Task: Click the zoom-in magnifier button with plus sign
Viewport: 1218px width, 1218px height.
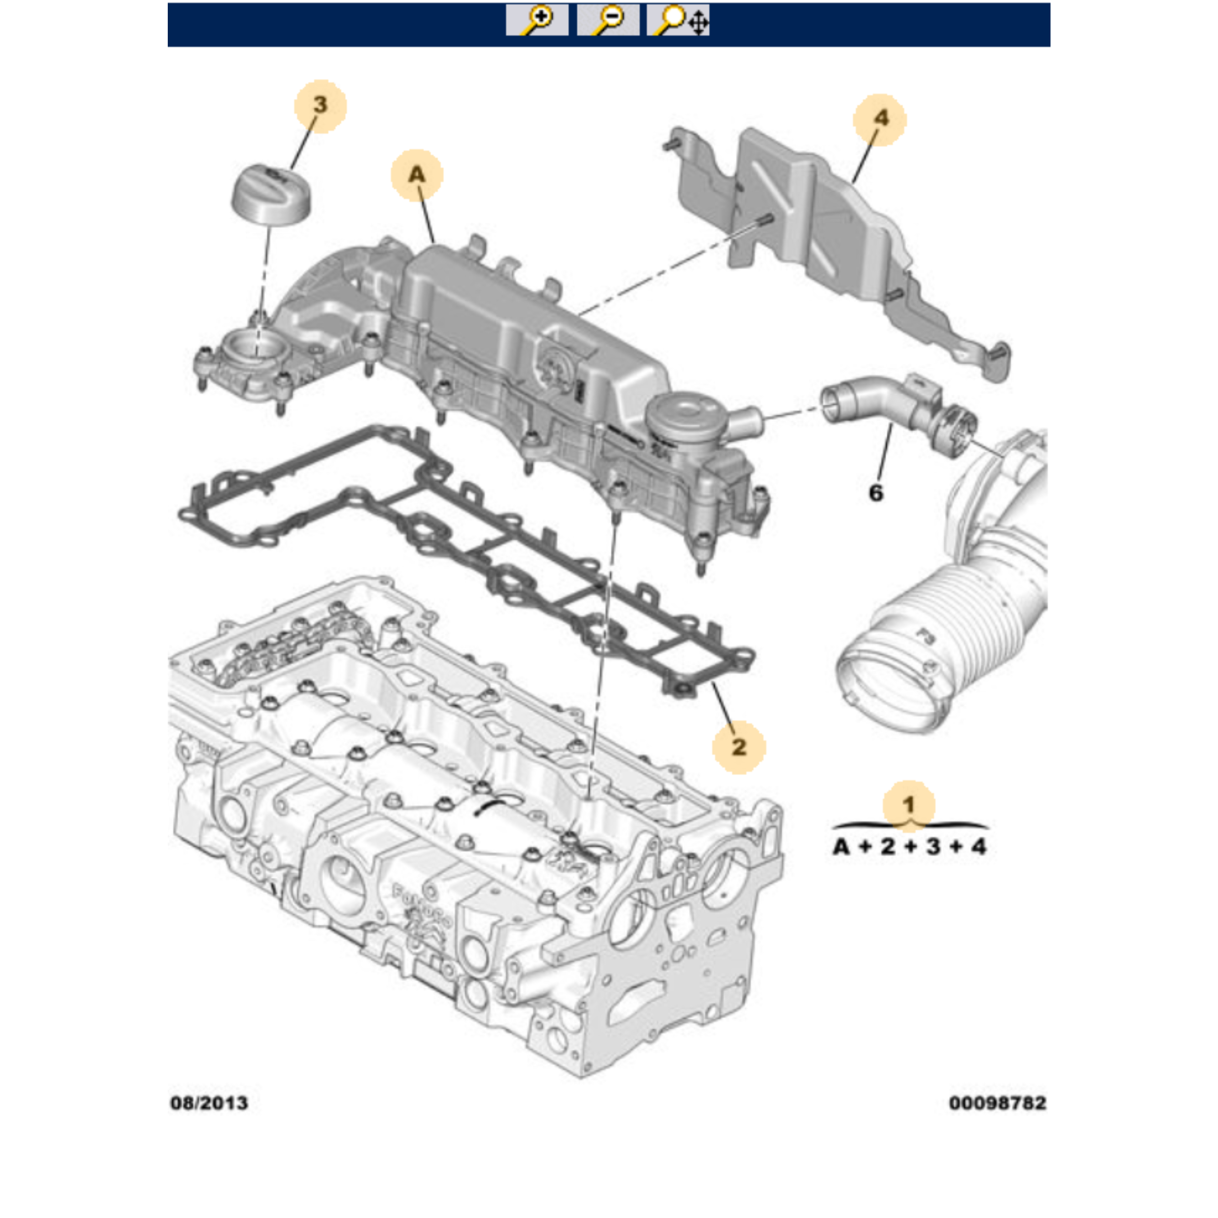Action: [x=537, y=20]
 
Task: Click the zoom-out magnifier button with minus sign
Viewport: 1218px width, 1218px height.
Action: [x=608, y=20]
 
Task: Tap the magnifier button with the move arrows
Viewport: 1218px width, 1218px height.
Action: [x=678, y=20]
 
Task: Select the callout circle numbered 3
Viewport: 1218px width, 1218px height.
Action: [x=320, y=106]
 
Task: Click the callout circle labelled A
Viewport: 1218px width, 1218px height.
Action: [x=417, y=175]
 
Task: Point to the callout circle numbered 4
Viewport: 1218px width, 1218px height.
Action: [x=880, y=119]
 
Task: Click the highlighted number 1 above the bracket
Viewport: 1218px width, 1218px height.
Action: [x=908, y=805]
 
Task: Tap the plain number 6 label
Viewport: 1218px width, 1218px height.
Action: [x=876, y=492]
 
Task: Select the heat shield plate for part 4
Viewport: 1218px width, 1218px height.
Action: [x=838, y=252]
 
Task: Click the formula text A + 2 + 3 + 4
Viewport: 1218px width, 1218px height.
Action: [x=909, y=847]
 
